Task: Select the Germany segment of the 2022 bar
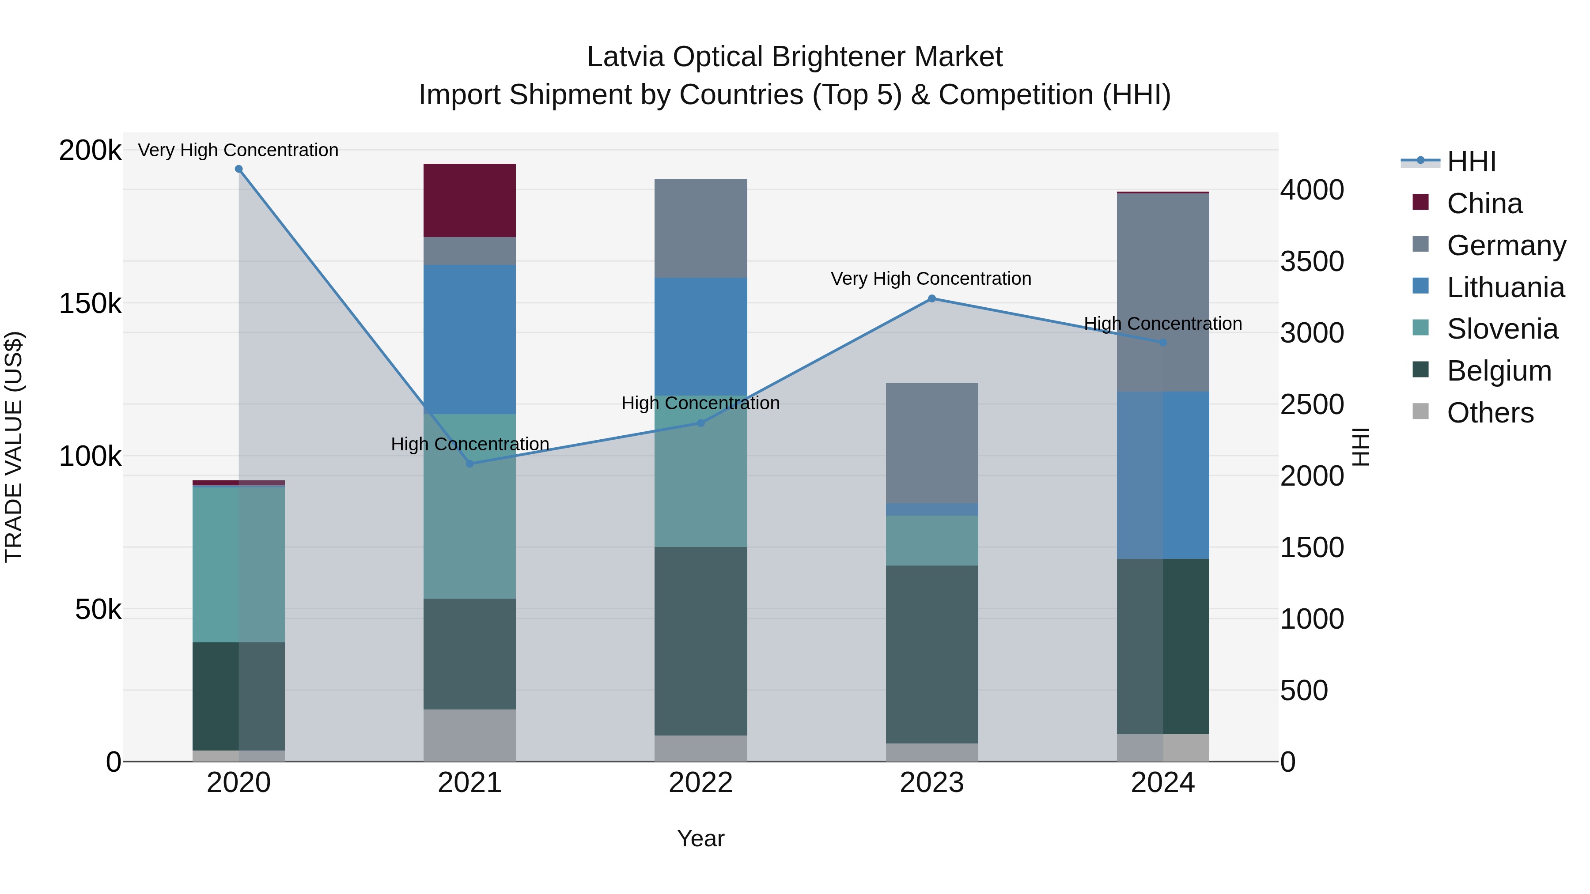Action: click(700, 228)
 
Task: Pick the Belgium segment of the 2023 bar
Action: click(931, 654)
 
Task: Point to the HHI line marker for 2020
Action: click(239, 169)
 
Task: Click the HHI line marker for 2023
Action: click(932, 298)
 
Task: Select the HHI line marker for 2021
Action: click(470, 464)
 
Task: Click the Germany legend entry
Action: click(1506, 245)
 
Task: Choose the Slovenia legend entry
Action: click(1502, 329)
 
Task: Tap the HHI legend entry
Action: click(1471, 162)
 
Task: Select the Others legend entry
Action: click(1489, 413)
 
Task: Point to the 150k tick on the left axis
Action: click(90, 304)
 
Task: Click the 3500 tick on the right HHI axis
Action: click(1312, 261)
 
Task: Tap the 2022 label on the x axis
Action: click(700, 783)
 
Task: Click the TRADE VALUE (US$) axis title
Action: click(14, 447)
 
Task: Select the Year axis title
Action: click(700, 838)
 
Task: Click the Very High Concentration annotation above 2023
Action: click(931, 279)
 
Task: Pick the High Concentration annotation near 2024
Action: click(1163, 324)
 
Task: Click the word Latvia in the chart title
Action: click(625, 57)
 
